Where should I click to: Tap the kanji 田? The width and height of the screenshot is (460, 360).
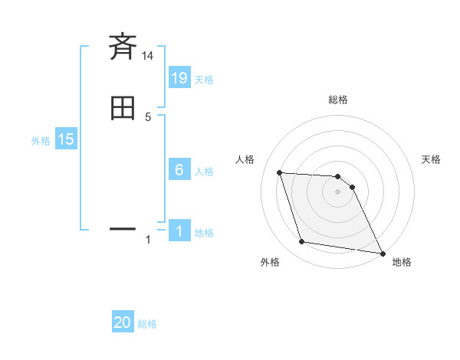point(123,109)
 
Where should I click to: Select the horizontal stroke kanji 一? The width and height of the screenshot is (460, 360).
point(123,228)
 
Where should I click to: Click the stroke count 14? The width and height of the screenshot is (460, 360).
point(148,56)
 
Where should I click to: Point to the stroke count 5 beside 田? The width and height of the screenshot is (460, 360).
point(148,117)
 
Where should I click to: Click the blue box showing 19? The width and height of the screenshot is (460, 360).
point(179,77)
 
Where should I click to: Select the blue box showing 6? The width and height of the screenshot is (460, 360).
point(179,170)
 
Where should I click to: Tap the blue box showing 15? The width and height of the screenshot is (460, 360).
point(66,139)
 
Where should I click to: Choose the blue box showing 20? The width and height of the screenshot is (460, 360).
point(123,322)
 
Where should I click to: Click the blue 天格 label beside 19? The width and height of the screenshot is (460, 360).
point(204,79)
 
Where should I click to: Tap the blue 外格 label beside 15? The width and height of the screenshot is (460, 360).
point(41,141)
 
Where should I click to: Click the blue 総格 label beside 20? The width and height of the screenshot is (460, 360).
point(147,324)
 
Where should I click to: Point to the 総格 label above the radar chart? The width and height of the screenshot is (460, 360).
point(338,100)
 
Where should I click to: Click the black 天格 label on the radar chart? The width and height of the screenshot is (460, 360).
point(431,159)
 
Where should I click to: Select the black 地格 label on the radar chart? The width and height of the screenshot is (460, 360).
point(402,262)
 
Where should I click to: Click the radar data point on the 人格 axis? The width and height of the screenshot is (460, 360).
point(279,172)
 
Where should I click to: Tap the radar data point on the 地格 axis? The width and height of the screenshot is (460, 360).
point(382,253)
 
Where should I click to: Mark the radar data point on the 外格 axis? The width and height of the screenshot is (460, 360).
point(302,242)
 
